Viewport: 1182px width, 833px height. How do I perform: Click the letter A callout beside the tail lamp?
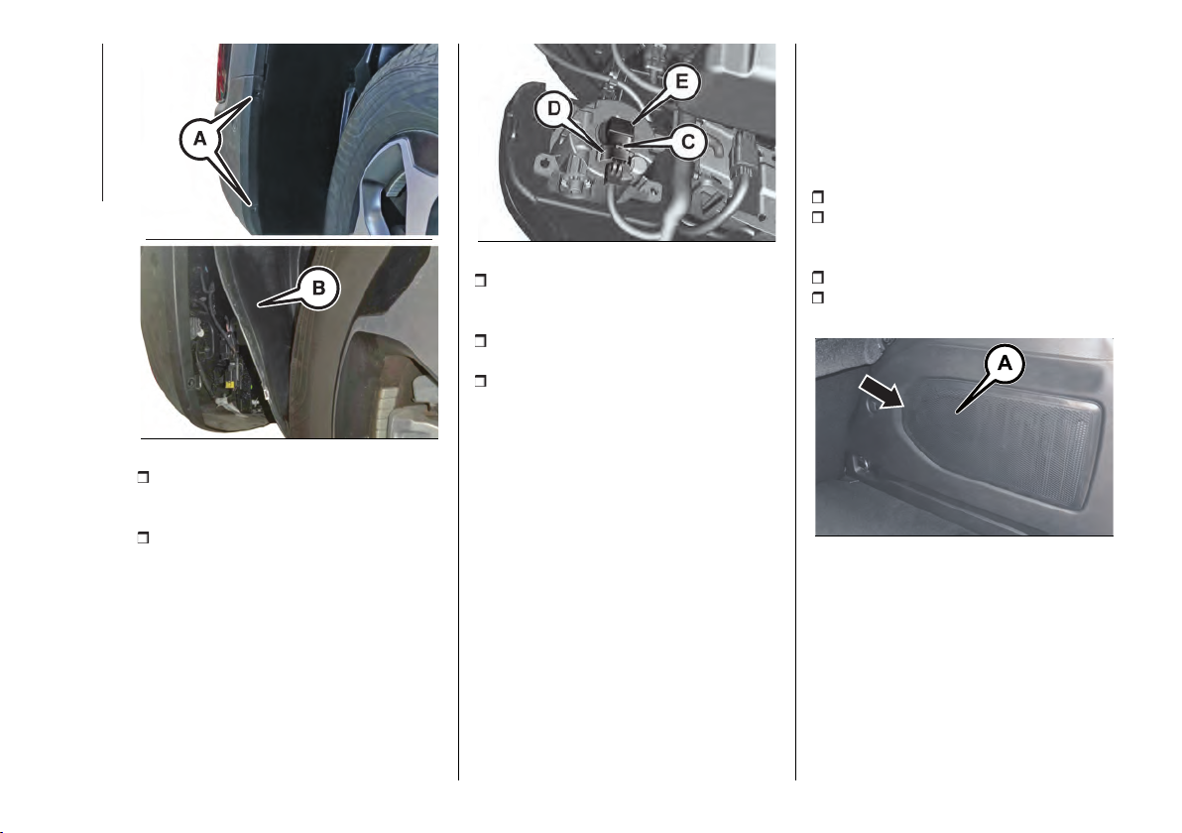click(199, 139)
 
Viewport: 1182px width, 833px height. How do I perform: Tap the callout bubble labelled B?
click(318, 288)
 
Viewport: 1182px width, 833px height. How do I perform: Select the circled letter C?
click(687, 142)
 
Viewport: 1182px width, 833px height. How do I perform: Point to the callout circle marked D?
click(554, 108)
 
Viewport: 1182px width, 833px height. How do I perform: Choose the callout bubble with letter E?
click(681, 81)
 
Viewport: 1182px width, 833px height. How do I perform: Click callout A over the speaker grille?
click(1005, 364)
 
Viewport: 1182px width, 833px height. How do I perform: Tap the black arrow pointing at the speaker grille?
click(882, 393)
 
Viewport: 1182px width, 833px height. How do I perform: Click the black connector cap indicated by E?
click(621, 128)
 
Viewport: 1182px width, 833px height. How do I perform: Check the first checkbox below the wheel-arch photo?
click(143, 477)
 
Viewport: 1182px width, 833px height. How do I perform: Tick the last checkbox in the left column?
click(143, 538)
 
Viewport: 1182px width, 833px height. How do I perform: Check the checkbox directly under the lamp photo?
click(480, 281)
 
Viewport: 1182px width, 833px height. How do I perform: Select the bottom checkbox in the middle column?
click(480, 381)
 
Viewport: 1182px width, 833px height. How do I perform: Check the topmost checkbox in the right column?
click(817, 197)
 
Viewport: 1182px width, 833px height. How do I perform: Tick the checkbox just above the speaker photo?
click(817, 297)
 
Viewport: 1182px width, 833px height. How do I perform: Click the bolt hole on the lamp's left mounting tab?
click(541, 162)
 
